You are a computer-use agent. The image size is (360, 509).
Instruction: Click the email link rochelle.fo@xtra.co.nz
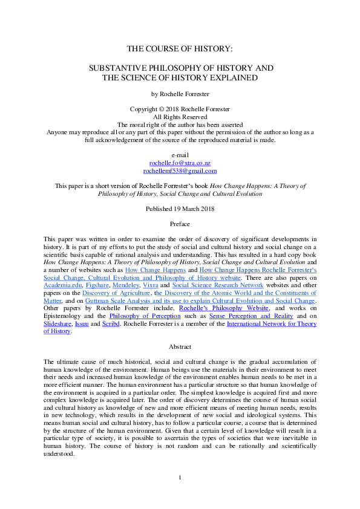[x=180, y=163]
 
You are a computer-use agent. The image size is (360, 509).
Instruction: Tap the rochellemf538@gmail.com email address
[x=180, y=171]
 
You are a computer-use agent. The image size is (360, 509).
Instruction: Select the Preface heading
[x=180, y=224]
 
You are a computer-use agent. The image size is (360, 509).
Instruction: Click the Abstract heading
[x=180, y=347]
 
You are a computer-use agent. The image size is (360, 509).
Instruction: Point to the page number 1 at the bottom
[x=180, y=496]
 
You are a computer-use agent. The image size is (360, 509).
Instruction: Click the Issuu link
[x=89, y=324]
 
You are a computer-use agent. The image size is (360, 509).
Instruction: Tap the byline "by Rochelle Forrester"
[x=180, y=94]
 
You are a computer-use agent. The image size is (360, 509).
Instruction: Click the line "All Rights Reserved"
[x=180, y=117]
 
